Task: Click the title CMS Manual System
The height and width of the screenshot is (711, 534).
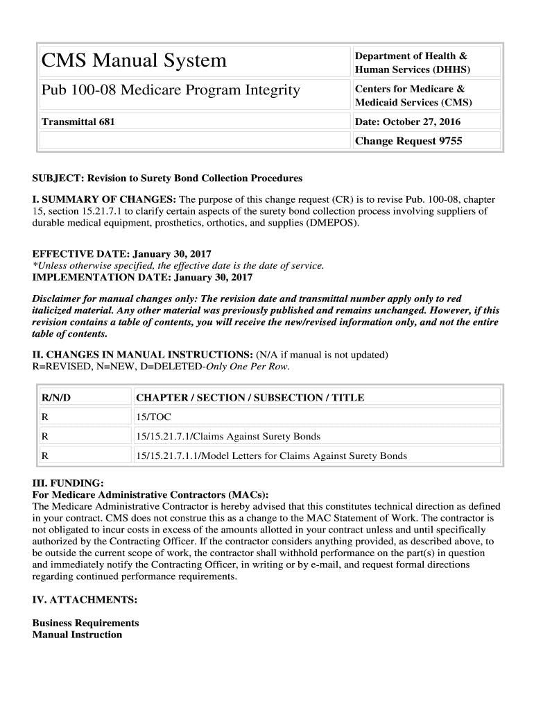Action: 134,61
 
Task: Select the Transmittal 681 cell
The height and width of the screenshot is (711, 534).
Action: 78,122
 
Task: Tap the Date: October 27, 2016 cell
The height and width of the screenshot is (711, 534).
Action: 408,122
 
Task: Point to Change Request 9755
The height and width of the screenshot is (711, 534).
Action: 408,141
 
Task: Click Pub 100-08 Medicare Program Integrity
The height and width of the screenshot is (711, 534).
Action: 171,90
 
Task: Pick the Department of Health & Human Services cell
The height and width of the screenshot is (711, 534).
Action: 412,62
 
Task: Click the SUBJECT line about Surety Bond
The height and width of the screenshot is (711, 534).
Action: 167,178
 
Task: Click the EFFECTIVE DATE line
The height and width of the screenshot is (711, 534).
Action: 122,254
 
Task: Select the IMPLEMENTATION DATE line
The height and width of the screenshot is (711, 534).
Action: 142,277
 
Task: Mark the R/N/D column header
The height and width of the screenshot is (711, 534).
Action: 56,398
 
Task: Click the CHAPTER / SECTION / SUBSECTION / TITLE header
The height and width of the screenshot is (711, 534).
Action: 250,398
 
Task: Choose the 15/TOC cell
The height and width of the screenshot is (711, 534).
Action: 154,417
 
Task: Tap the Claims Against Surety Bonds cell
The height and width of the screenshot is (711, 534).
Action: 228,437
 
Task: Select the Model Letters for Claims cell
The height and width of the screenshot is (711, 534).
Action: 272,456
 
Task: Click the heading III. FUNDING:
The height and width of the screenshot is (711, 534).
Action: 68,483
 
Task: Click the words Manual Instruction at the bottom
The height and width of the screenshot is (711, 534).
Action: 77,635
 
